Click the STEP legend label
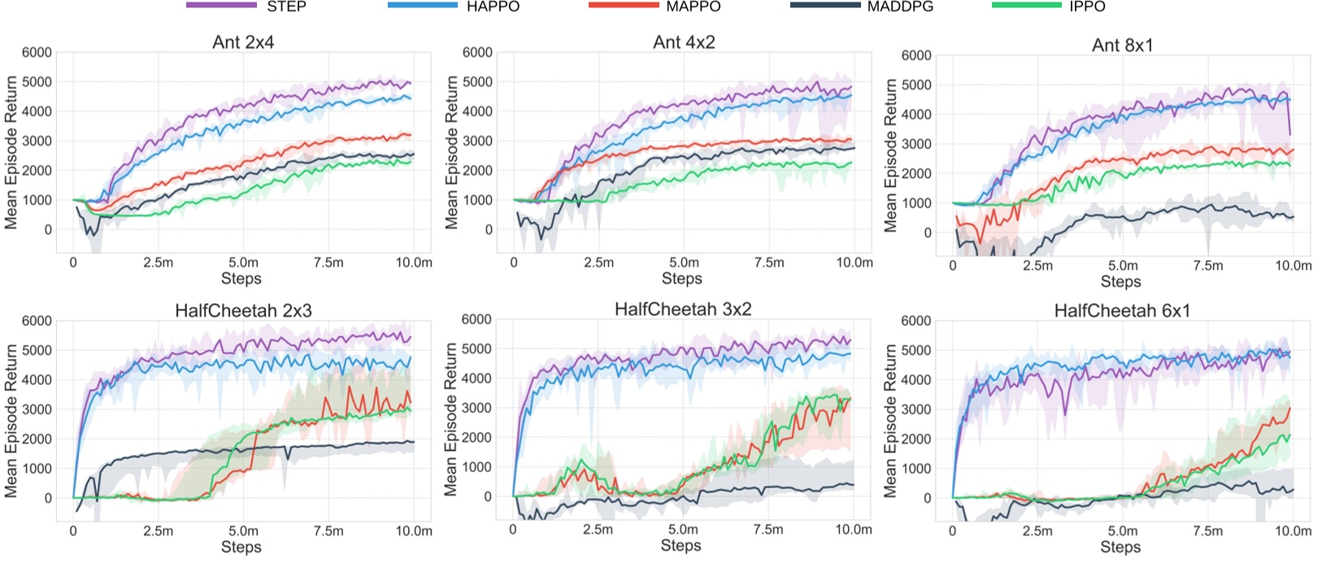click(x=286, y=6)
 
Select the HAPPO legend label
click(x=493, y=6)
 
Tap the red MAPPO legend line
click(x=624, y=6)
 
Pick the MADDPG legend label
click(x=900, y=6)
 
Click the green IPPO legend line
click(x=1027, y=6)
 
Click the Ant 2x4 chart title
click(x=243, y=42)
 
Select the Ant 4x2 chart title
click(x=684, y=42)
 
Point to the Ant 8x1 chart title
click(x=1122, y=45)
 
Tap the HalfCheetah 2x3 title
click(x=243, y=310)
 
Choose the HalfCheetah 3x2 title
click(x=683, y=309)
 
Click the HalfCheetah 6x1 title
click(x=1122, y=310)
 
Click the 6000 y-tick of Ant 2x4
click(x=37, y=52)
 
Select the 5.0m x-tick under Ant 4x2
click(x=684, y=262)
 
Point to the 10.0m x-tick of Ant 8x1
click(x=1293, y=266)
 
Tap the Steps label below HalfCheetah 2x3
click(x=241, y=547)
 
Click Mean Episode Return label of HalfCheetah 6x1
click(x=891, y=420)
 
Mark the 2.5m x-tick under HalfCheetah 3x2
click(x=598, y=530)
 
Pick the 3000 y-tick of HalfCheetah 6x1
click(x=916, y=409)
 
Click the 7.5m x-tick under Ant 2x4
click(x=328, y=262)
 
